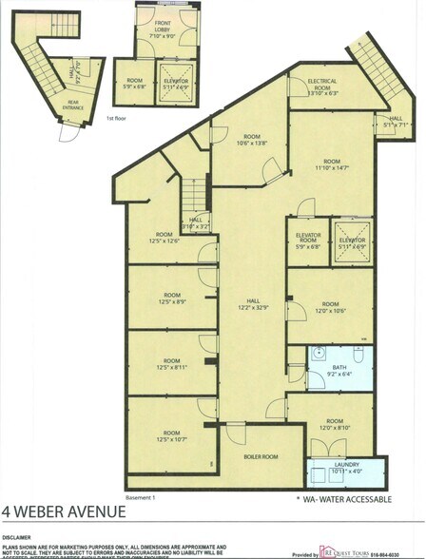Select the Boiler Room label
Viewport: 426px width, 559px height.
click(258, 456)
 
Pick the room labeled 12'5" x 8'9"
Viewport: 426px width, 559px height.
click(171, 299)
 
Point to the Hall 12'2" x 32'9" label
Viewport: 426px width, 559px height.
click(254, 303)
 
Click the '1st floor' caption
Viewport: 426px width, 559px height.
click(115, 119)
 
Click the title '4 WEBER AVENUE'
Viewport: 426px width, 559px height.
click(63, 512)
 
